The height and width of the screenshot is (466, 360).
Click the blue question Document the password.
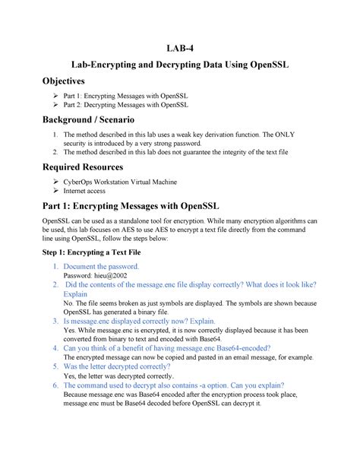(x=101, y=266)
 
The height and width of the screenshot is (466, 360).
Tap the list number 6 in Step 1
(x=55, y=386)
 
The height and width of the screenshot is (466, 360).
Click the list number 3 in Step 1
(x=55, y=322)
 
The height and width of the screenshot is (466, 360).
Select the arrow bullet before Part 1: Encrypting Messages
(x=54, y=96)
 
